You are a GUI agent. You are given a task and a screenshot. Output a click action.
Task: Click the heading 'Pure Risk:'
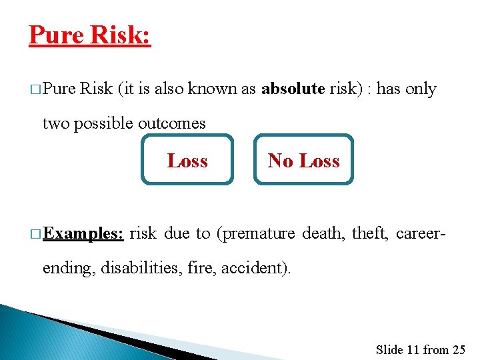pyautogui.click(x=90, y=35)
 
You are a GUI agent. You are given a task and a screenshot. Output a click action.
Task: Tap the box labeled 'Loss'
pyautogui.click(x=187, y=161)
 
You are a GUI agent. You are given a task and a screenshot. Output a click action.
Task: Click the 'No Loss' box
pyautogui.click(x=303, y=161)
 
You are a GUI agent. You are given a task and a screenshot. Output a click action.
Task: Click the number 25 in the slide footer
pyautogui.click(x=458, y=349)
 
